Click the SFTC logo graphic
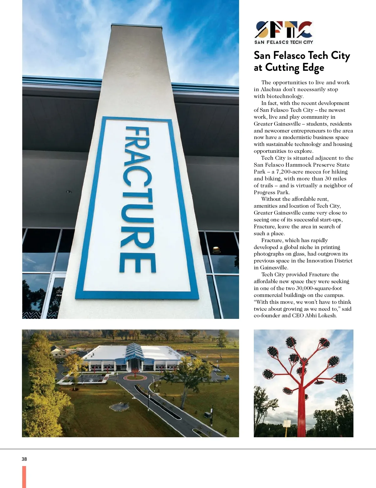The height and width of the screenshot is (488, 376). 284,29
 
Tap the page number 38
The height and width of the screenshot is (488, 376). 24,459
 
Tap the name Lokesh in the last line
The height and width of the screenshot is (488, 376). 327,315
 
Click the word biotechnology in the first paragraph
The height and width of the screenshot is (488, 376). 285,96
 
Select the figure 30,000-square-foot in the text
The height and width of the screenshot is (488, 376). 319,288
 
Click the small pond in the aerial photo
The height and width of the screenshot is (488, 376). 119,407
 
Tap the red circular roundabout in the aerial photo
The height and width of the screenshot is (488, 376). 135,376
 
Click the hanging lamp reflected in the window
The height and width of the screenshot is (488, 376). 217,250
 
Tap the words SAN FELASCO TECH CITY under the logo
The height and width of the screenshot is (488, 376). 284,42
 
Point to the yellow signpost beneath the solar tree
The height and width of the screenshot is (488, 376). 286,431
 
